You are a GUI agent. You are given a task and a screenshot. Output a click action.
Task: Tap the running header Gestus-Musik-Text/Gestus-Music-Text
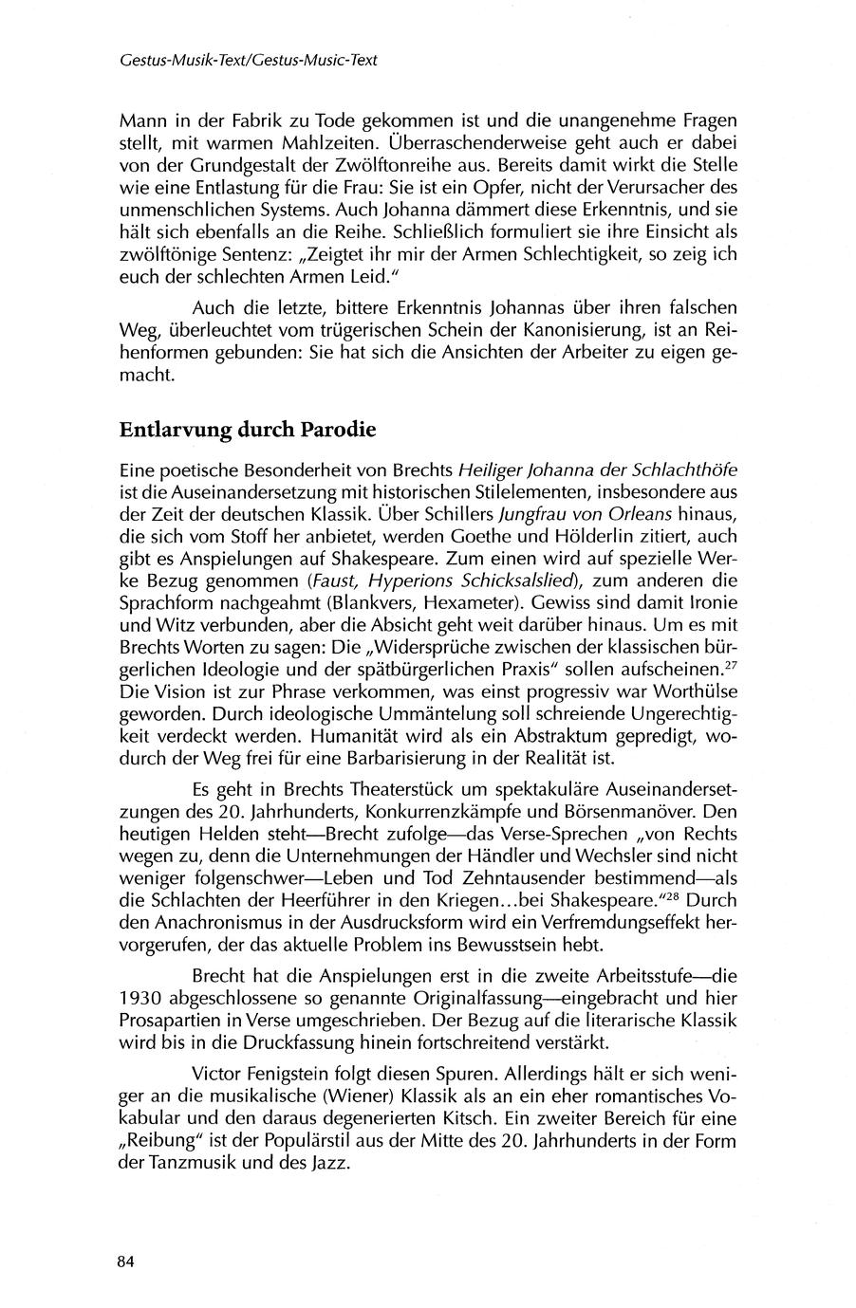(249, 60)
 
